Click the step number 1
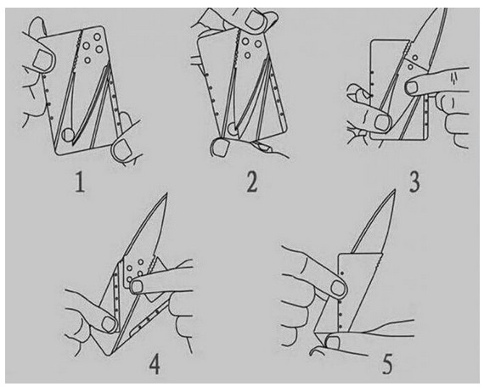pyautogui.click(x=81, y=182)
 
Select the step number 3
pyautogui.click(x=414, y=182)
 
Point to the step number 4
pyautogui.click(x=155, y=364)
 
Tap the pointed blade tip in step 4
pyautogui.click(x=166, y=193)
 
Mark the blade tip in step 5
pyautogui.click(x=395, y=190)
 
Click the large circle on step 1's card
pyautogui.click(x=68, y=135)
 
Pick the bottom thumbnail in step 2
pyautogui.click(x=221, y=147)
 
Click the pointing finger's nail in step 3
pyautogui.click(x=412, y=87)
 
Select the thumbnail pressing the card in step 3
pyautogui.click(x=382, y=122)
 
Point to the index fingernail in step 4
pyautogui.click(x=136, y=287)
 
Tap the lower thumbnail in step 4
pyautogui.click(x=109, y=324)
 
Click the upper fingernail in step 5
pyautogui.click(x=338, y=288)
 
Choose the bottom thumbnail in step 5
pyautogui.click(x=333, y=343)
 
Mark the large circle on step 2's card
pyautogui.click(x=234, y=129)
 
